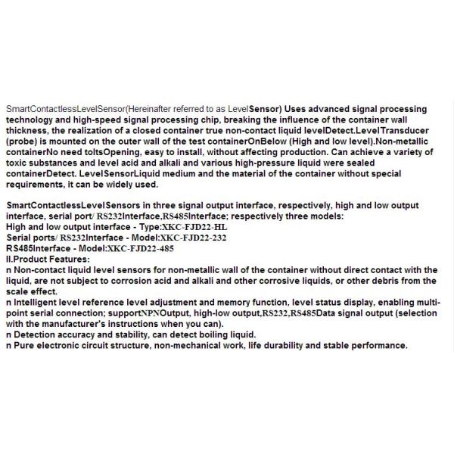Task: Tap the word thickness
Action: point(28,129)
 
